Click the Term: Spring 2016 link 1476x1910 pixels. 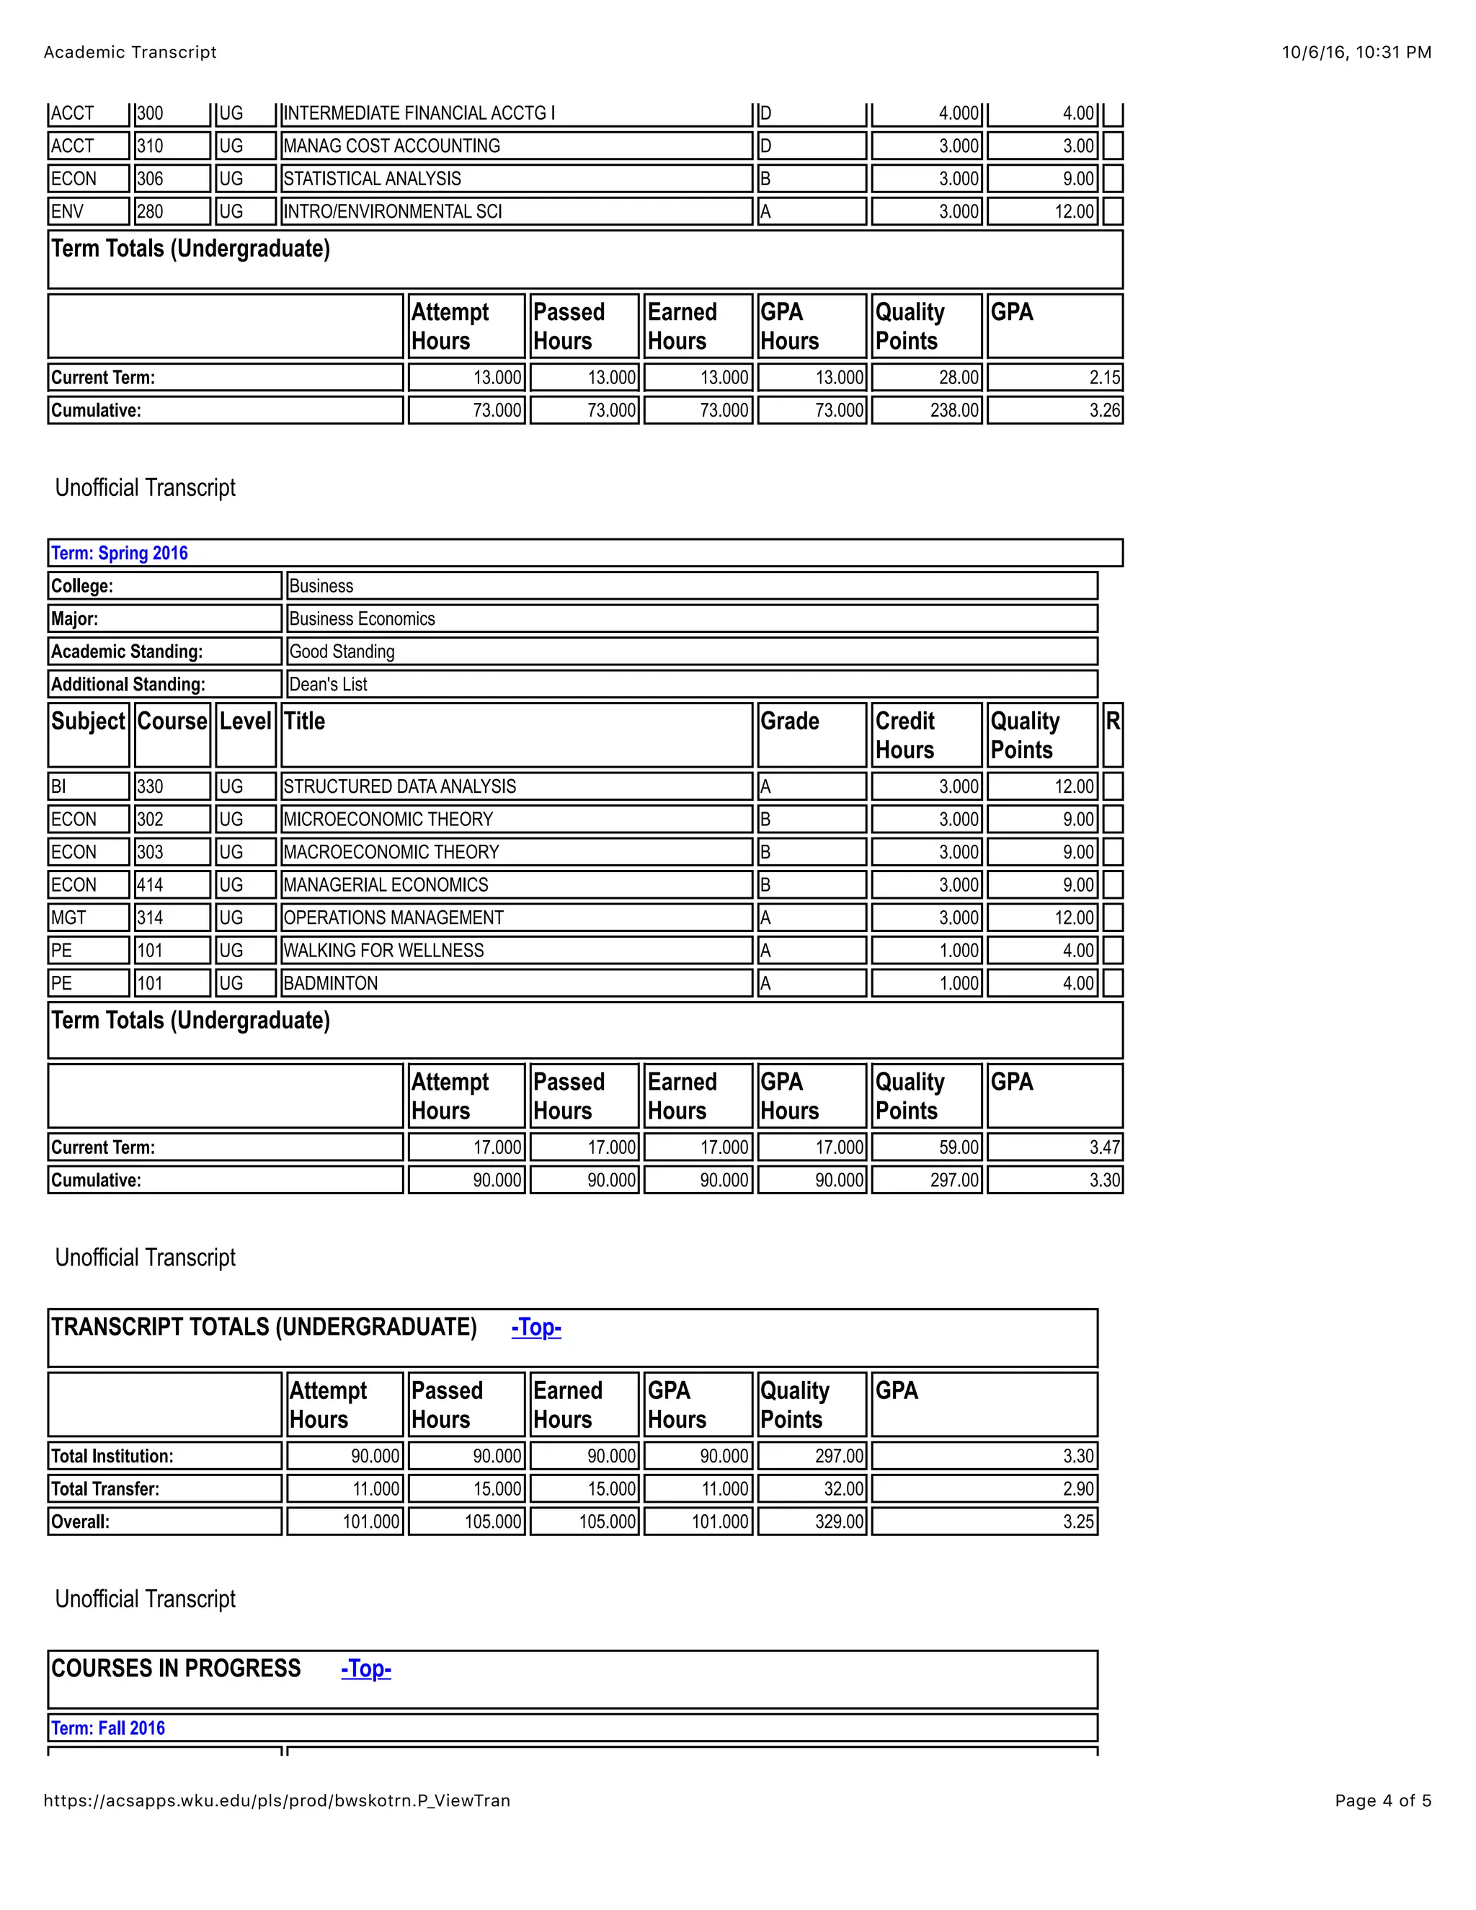[x=120, y=553]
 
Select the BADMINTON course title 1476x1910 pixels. [x=331, y=983]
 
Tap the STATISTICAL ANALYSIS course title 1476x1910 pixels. [x=372, y=179]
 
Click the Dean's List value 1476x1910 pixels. [x=328, y=684]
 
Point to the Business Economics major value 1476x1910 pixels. [x=362, y=618]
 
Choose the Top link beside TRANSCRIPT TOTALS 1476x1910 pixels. [x=536, y=1327]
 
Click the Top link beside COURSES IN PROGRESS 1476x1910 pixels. [x=365, y=1668]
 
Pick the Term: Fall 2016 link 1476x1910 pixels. [x=108, y=1727]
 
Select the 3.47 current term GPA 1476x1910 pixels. [x=1104, y=1147]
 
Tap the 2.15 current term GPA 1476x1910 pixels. [x=1104, y=377]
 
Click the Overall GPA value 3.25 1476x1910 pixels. [x=1078, y=1521]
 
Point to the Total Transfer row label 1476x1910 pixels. [x=105, y=1488]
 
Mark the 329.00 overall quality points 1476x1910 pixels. [x=840, y=1521]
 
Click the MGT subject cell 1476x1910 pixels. [x=69, y=918]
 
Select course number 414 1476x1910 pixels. [x=151, y=884]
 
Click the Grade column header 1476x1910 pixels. [x=790, y=721]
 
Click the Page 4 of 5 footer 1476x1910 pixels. [x=1382, y=1800]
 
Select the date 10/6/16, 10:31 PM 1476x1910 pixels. [x=1356, y=53]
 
